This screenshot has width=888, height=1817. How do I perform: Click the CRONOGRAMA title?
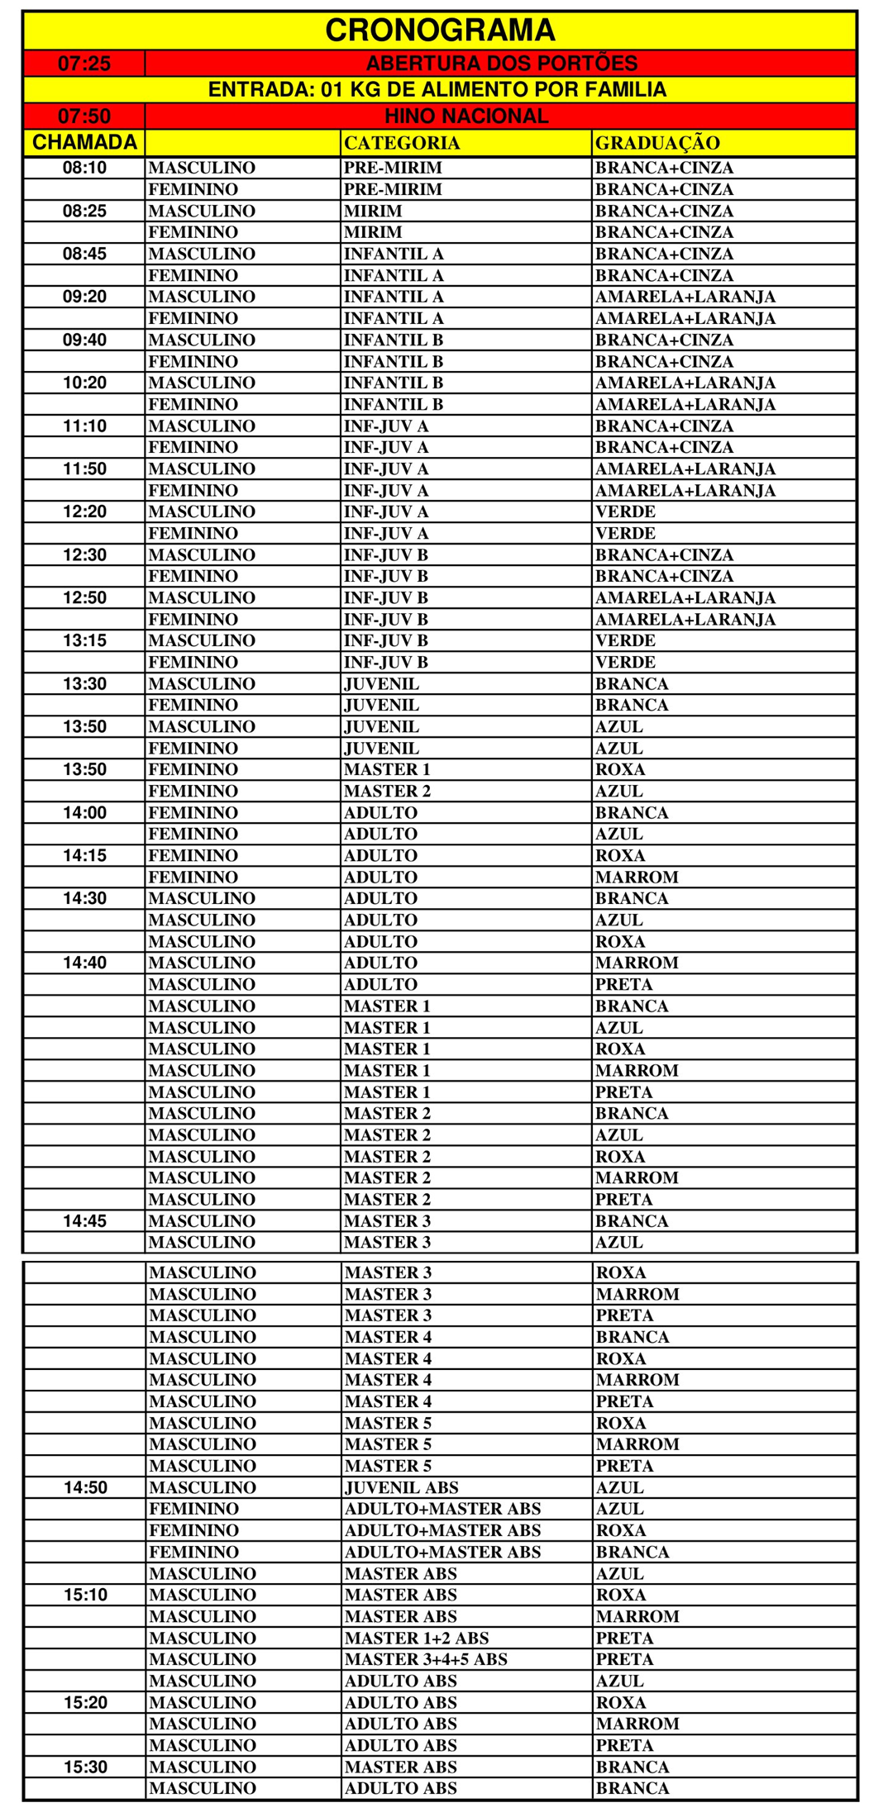[440, 31]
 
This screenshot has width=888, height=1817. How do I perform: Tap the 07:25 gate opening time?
[84, 64]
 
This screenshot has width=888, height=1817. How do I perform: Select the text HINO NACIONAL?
[466, 116]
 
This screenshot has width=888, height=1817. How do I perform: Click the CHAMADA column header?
[84, 142]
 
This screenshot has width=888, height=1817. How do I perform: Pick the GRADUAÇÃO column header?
[657, 143]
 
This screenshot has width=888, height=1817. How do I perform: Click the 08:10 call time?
[84, 168]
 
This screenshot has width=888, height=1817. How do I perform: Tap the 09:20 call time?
[84, 297]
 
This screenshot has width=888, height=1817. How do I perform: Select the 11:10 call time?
[84, 426]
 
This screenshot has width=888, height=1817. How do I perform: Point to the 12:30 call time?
[84, 554]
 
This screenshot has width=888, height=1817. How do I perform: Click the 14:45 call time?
[84, 1220]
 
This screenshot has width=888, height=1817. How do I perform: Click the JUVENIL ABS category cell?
[401, 1487]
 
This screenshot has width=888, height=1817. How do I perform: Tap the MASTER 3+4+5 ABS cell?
[426, 1659]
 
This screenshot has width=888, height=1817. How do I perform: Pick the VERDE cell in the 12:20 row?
[625, 511]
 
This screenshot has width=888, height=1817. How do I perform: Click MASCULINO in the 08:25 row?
[202, 211]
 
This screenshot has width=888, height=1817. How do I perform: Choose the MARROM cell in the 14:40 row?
[637, 963]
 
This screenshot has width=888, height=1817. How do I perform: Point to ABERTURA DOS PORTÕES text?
[501, 64]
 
